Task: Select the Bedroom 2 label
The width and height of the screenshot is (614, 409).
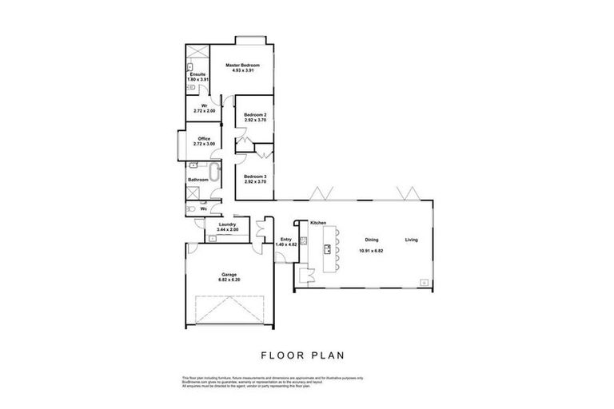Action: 255,114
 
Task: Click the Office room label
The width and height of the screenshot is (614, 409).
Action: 204,139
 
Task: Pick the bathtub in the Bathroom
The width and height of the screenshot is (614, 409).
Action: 213,175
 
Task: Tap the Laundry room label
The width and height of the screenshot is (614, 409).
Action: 226,225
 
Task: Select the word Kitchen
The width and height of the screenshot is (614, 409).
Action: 318,221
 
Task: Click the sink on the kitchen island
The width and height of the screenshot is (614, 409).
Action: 327,249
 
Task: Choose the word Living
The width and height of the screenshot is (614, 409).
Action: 411,240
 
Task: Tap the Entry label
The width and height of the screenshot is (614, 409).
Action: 285,239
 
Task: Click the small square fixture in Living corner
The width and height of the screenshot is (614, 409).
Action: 423,280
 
